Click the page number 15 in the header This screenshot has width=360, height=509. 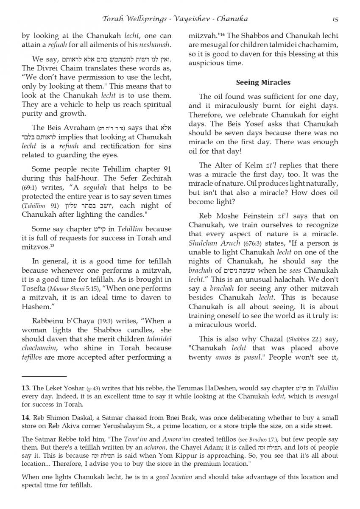tap(335, 19)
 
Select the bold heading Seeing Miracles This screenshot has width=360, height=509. tap(263, 82)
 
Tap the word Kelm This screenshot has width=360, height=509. tap(253, 165)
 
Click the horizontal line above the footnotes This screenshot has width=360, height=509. tap(44, 376)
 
